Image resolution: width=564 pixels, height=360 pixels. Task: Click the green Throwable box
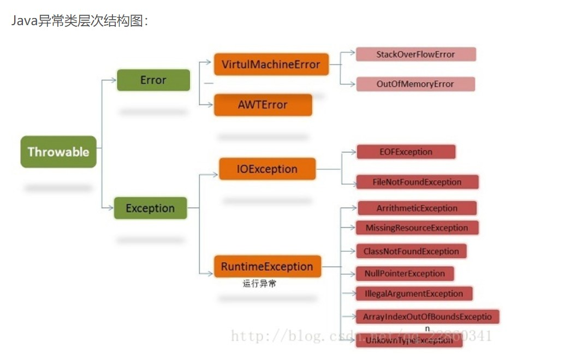coord(58,152)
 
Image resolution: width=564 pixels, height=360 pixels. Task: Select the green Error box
coord(153,80)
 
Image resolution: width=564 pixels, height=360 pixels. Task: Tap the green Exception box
coord(150,208)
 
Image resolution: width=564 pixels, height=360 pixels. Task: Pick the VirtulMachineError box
coord(271,64)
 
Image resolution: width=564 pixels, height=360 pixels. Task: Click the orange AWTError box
coord(263,105)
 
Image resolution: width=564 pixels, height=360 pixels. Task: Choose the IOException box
coord(267,169)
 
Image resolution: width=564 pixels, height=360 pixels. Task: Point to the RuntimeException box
coord(267,267)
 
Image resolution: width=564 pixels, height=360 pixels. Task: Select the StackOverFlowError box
coord(415,54)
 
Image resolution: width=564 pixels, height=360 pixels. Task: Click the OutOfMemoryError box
coord(415,84)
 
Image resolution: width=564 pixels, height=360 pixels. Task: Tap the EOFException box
coord(406,152)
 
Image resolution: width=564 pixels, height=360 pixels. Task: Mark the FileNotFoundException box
coord(417,182)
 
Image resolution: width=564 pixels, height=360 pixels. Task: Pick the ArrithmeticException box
coord(417,208)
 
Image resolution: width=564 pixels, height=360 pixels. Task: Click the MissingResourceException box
coord(417,228)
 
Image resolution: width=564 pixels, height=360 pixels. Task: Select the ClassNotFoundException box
coord(411,251)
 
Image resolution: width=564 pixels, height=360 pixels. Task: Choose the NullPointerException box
coord(405,273)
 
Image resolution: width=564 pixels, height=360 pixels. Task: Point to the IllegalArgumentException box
coord(414,293)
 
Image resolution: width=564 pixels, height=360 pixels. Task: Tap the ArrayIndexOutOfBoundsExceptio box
coord(428,317)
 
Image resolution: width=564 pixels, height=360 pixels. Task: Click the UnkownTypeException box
coord(409,340)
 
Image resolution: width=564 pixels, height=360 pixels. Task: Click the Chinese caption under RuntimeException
coord(259,284)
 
